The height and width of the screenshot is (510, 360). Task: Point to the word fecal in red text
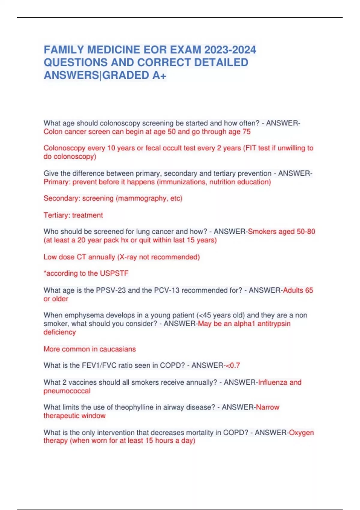[153, 148]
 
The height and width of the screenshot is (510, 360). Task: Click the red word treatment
[87, 215]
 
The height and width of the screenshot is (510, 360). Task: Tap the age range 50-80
[306, 232]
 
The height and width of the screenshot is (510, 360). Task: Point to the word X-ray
[128, 257]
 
